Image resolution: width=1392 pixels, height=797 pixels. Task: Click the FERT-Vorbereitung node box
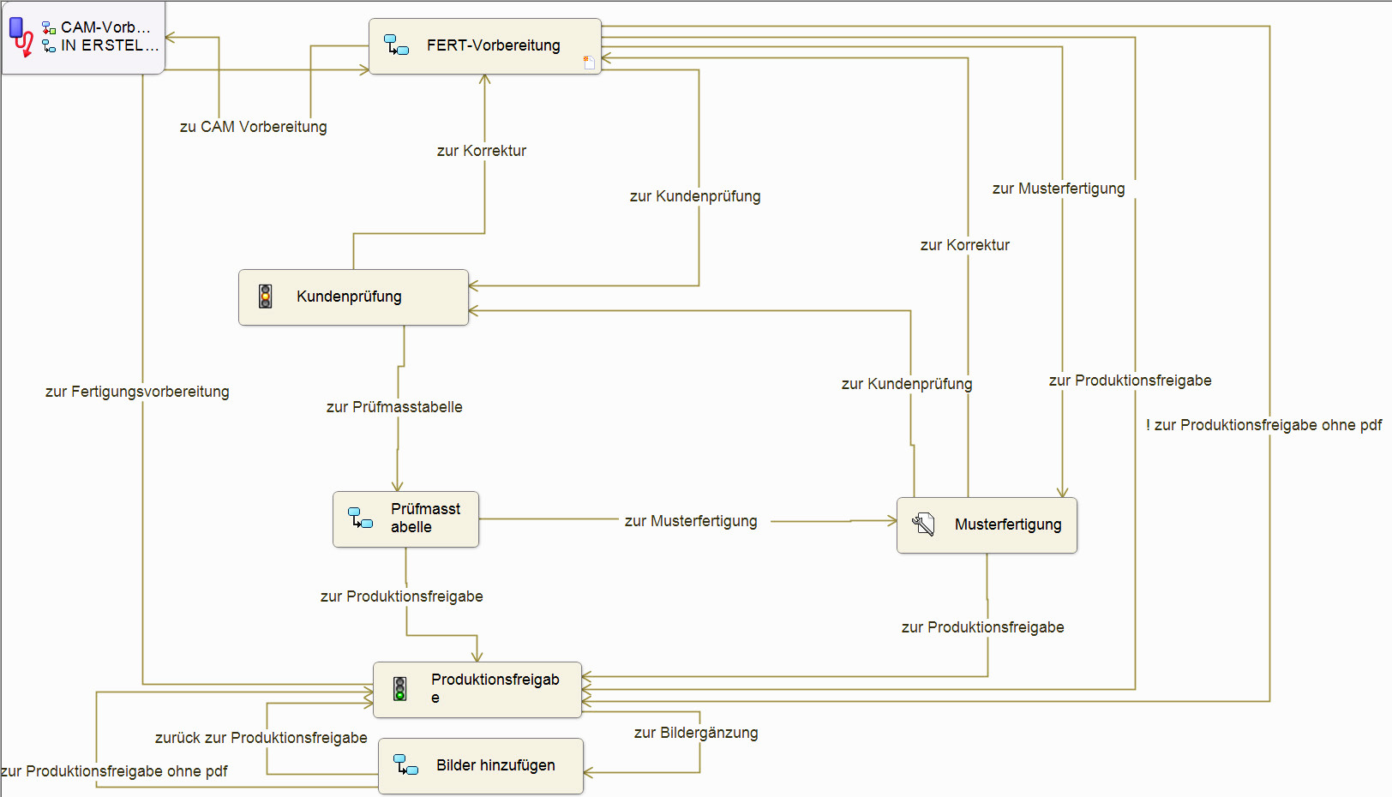485,46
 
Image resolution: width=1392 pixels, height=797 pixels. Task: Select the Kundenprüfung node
353,297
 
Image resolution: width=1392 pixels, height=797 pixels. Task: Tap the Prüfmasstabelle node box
405,519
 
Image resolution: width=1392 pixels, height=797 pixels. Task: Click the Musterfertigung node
987,525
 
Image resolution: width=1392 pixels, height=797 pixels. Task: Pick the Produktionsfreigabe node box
477,690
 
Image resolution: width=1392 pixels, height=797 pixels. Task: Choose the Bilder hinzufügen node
481,766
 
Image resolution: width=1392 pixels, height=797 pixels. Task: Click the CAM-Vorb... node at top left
83,38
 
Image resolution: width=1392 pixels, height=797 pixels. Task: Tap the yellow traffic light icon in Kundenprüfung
266,297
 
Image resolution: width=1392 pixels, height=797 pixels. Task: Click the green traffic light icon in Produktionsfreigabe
400,689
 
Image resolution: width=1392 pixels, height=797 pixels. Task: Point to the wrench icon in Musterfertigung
923,524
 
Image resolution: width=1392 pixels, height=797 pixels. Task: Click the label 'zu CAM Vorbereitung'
253,127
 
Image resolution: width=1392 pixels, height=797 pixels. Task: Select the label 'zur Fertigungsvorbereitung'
137,392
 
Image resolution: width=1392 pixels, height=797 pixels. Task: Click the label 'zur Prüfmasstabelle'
394,407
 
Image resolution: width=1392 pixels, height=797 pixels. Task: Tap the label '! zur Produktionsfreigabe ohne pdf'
1263,425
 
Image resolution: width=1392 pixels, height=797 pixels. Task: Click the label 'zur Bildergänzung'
696,733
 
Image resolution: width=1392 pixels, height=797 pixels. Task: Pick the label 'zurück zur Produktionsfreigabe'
261,738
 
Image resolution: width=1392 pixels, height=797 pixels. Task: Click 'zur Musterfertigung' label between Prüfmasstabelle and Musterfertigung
691,521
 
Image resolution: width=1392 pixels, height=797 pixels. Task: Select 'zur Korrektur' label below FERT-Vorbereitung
482,151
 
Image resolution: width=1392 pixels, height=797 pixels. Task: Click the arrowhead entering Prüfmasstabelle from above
398,487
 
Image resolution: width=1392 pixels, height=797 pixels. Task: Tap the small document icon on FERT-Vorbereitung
589,63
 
